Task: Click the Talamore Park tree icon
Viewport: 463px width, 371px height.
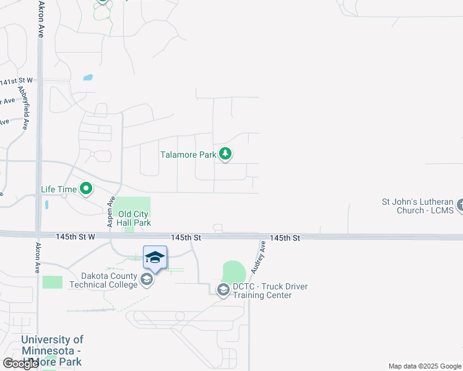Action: pyautogui.click(x=226, y=154)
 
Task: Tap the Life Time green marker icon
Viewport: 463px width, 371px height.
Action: pyautogui.click(x=86, y=189)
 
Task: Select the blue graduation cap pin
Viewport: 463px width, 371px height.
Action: pyautogui.click(x=155, y=258)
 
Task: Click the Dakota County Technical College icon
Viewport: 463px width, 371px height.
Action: pyautogui.click(x=147, y=280)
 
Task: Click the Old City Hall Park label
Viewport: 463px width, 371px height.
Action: pyautogui.click(x=134, y=218)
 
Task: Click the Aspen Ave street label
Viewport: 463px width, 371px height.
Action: pyautogui.click(x=111, y=212)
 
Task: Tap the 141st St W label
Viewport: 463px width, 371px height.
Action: pyautogui.click(x=16, y=82)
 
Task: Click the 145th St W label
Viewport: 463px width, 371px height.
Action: pyautogui.click(x=75, y=237)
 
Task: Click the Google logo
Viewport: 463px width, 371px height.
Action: pyautogui.click(x=20, y=364)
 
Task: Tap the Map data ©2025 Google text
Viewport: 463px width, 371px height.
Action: pyautogui.click(x=424, y=366)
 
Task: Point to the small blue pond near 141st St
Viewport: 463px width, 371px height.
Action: pyautogui.click(x=88, y=78)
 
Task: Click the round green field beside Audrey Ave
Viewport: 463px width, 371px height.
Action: pyautogui.click(x=234, y=272)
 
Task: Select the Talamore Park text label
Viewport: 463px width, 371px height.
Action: pyautogui.click(x=188, y=155)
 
